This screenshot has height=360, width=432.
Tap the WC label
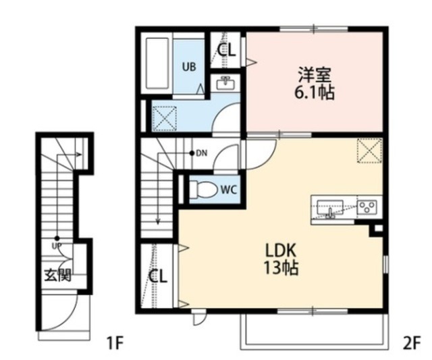pos(227,190)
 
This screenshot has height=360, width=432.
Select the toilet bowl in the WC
pos(202,190)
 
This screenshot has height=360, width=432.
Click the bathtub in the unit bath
pos(159,66)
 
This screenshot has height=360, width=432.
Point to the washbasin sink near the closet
pos(226,84)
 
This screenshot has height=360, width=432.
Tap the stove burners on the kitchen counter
pos(369,207)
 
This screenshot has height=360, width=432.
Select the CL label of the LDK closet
pos(158,276)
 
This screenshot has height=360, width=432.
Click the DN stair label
pos(201,153)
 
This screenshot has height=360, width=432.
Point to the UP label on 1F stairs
pos(57,245)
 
